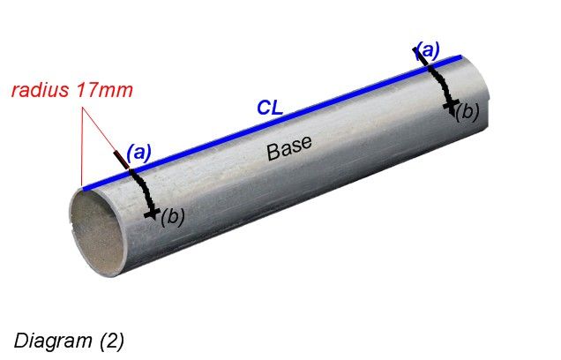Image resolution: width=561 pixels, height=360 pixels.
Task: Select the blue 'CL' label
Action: click(x=270, y=108)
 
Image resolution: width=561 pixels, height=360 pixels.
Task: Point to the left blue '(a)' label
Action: click(x=138, y=152)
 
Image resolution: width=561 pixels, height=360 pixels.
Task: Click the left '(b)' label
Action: click(x=171, y=216)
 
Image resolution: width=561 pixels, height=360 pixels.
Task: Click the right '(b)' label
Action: click(x=467, y=112)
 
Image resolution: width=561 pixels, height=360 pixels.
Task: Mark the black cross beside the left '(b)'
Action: click(x=152, y=213)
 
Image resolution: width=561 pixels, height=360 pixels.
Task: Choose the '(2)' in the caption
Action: click(x=110, y=340)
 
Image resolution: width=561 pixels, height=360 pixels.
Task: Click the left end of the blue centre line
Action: click(x=84, y=187)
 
